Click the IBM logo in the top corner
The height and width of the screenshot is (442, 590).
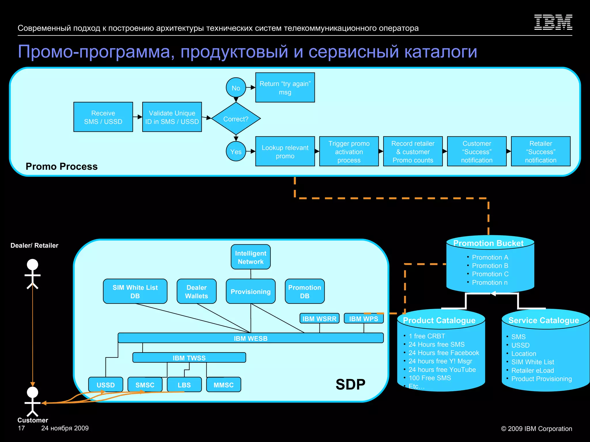553,22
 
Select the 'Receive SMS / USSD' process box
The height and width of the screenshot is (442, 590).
103,117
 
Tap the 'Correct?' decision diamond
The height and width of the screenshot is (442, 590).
236,119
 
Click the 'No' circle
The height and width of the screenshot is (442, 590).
236,88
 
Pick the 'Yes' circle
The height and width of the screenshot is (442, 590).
236,151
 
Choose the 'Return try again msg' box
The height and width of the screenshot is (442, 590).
285,87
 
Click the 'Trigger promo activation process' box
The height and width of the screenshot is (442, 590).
349,151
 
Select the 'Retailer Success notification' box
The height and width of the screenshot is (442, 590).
540,151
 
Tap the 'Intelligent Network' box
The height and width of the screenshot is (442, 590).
251,257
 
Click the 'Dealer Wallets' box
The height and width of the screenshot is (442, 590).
196,291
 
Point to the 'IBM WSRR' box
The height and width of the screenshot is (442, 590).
319,319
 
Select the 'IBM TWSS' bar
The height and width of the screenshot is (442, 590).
189,358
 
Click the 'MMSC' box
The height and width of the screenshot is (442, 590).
224,385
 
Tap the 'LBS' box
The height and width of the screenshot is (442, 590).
184,385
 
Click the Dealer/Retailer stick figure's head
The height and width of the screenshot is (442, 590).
32,264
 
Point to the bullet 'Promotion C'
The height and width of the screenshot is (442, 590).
490,274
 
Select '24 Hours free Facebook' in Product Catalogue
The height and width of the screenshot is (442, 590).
444,353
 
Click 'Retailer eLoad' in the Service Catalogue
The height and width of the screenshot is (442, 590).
532,370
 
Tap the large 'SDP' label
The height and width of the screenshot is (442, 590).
350,384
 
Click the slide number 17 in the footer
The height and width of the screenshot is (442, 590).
21,428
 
